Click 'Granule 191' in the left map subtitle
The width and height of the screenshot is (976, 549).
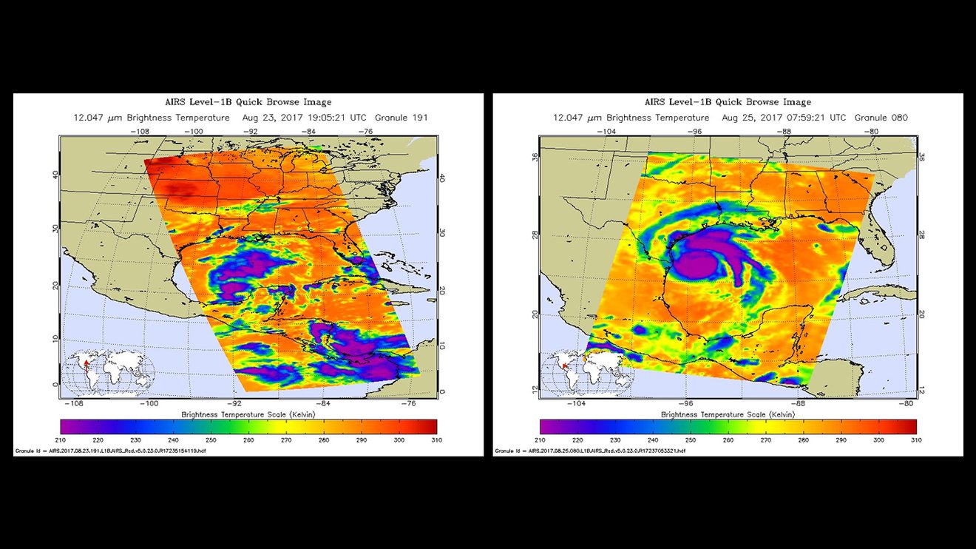coord(401,118)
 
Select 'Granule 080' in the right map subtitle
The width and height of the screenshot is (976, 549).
coord(881,118)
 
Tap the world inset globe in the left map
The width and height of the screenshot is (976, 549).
coord(108,373)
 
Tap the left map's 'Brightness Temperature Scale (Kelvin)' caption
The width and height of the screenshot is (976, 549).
coord(248,414)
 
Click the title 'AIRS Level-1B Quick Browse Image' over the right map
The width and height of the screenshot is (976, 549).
coord(728,102)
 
